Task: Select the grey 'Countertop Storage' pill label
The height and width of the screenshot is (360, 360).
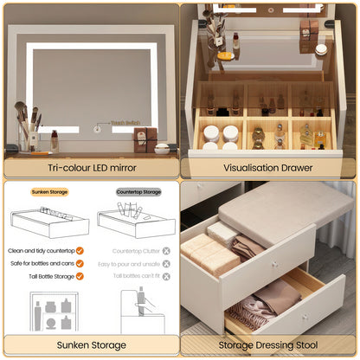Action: [x=138, y=192]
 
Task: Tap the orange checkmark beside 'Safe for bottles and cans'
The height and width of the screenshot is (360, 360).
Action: [x=80, y=264]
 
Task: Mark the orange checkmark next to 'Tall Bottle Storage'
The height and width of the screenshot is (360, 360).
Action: [x=80, y=277]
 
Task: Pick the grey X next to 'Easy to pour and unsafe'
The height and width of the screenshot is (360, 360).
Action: [x=166, y=264]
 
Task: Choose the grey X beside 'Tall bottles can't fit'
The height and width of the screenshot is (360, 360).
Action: [x=166, y=277]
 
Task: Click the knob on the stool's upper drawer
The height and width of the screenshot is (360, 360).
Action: [x=273, y=260]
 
